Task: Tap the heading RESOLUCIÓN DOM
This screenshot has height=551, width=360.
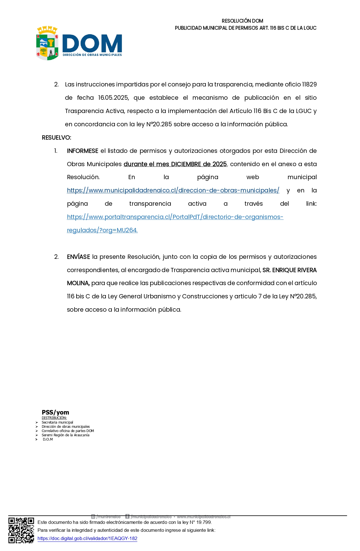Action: [x=242, y=21]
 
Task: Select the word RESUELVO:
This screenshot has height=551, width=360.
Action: [x=56, y=138]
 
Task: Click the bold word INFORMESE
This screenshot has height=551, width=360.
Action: [x=82, y=151]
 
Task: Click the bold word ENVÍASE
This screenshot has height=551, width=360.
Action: [x=78, y=257]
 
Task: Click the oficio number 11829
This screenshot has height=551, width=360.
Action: [x=309, y=84]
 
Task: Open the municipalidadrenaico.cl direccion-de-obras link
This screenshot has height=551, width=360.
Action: [x=173, y=190]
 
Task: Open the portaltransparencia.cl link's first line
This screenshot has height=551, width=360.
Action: [x=175, y=217]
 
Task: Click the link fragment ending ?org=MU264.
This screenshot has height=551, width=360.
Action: [x=102, y=230]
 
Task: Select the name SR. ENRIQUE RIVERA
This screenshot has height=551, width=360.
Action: [x=289, y=270]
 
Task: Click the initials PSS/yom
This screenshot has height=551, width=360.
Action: [x=55, y=412]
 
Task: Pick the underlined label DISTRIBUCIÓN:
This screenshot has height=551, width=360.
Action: [x=54, y=418]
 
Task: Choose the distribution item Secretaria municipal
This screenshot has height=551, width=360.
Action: [x=57, y=422]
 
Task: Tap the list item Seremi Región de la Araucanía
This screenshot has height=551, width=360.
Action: [x=66, y=435]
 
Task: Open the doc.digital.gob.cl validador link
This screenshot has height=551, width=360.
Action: [x=87, y=538]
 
